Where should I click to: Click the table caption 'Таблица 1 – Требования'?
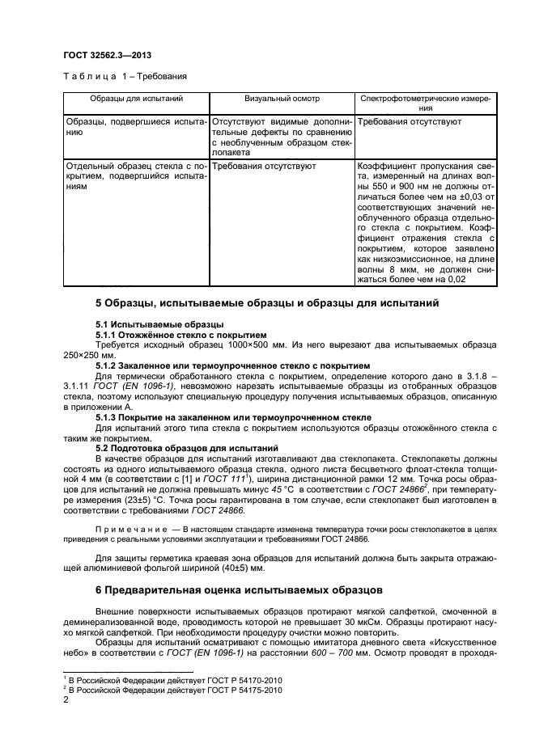click(x=125, y=77)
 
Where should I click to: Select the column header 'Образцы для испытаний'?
click(x=136, y=98)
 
